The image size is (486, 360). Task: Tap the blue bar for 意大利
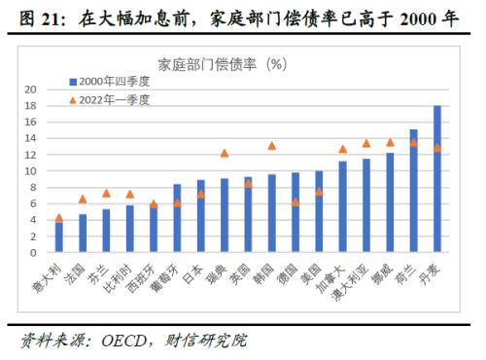tap(59, 236)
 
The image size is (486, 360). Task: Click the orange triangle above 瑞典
tap(225, 153)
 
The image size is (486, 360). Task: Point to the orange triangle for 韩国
tap(272, 146)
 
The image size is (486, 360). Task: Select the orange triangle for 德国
tap(295, 202)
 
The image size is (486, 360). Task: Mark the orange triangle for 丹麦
tap(437, 148)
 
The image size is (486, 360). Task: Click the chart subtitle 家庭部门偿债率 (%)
tap(236, 63)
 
